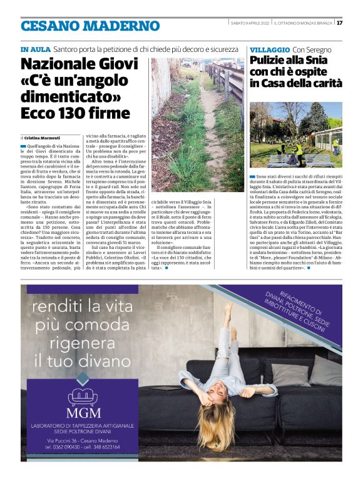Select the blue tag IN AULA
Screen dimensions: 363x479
34,49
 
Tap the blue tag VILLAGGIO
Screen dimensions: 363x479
269,49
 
